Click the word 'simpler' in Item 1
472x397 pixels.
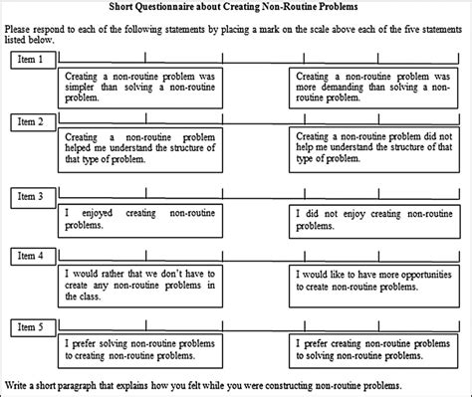click(x=82, y=88)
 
